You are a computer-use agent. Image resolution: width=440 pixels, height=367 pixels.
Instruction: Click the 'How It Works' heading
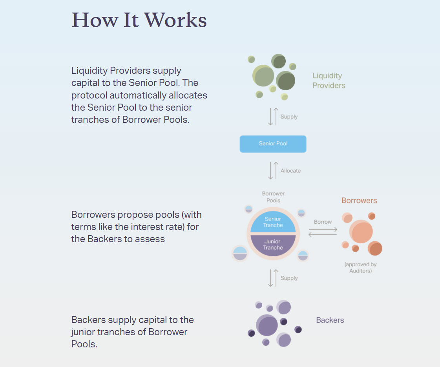pos(139,20)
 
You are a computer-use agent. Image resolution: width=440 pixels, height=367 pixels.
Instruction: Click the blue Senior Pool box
pos(273,144)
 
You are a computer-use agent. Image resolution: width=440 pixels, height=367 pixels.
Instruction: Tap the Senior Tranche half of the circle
pos(273,222)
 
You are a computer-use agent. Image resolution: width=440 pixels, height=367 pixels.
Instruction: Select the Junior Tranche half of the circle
pos(273,245)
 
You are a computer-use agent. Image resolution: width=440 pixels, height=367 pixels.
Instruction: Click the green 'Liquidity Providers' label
pos(329,80)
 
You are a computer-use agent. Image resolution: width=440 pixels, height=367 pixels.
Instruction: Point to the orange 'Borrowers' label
pos(359,201)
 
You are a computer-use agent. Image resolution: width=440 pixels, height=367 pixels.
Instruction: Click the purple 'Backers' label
pos(330,320)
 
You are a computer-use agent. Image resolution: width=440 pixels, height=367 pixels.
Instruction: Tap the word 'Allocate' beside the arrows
pos(290,171)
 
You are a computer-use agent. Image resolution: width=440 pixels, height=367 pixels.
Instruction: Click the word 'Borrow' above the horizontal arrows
pos(323,222)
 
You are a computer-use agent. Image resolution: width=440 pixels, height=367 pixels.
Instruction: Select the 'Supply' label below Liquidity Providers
pos(289,117)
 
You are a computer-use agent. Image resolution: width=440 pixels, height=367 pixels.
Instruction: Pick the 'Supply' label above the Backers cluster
pos(289,278)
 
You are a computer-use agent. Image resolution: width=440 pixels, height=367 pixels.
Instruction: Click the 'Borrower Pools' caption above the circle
pos(273,197)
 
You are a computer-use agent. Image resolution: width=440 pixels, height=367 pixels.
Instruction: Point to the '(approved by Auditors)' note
pos(360,267)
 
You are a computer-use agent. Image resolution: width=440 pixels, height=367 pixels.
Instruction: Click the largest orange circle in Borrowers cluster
pos(361,232)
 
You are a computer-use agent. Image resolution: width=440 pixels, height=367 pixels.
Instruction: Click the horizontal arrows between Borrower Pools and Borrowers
pos(323,232)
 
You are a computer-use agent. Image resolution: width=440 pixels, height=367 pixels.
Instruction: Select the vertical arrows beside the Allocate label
pos(273,171)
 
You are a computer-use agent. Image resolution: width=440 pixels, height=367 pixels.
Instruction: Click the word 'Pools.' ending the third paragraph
pos(84,344)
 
